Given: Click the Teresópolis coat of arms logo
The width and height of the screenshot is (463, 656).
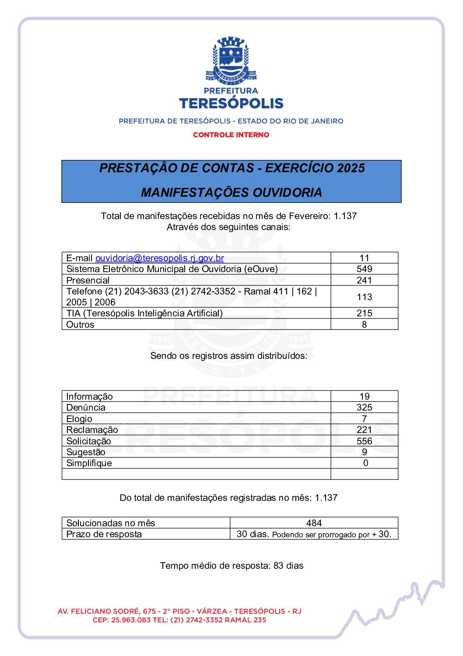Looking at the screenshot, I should click(231, 61).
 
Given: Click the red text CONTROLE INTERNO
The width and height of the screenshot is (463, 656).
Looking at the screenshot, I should click(231, 135).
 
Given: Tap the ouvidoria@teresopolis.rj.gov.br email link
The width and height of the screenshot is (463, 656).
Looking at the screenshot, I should click(160, 258).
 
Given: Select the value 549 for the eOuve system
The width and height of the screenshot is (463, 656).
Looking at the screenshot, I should click(364, 269).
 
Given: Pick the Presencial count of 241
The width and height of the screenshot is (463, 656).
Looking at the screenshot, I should click(364, 280).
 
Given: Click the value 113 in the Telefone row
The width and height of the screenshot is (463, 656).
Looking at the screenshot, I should click(364, 297).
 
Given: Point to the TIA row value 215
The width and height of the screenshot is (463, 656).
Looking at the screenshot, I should click(364, 313).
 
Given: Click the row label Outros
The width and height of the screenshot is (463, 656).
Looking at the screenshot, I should click(80, 325).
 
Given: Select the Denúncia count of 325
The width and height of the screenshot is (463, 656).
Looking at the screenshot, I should click(364, 408).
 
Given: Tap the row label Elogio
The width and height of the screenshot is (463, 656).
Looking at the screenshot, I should click(79, 419).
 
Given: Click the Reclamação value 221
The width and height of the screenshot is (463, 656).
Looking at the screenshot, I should click(364, 430).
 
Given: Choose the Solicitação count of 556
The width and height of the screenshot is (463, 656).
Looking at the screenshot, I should click(364, 441).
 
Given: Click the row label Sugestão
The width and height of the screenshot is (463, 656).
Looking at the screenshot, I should click(86, 452).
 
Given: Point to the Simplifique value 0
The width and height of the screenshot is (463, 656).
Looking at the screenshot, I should click(365, 463).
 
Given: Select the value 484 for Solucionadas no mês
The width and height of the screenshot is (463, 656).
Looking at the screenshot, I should click(314, 523).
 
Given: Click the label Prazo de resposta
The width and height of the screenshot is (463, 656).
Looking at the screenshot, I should click(104, 534).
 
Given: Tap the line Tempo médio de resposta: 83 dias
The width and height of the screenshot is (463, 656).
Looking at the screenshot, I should click(231, 566).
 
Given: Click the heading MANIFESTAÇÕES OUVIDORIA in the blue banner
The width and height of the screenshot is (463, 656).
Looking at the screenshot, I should click(231, 192).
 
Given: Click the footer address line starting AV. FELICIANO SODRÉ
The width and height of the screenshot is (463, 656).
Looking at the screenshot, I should click(179, 611).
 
